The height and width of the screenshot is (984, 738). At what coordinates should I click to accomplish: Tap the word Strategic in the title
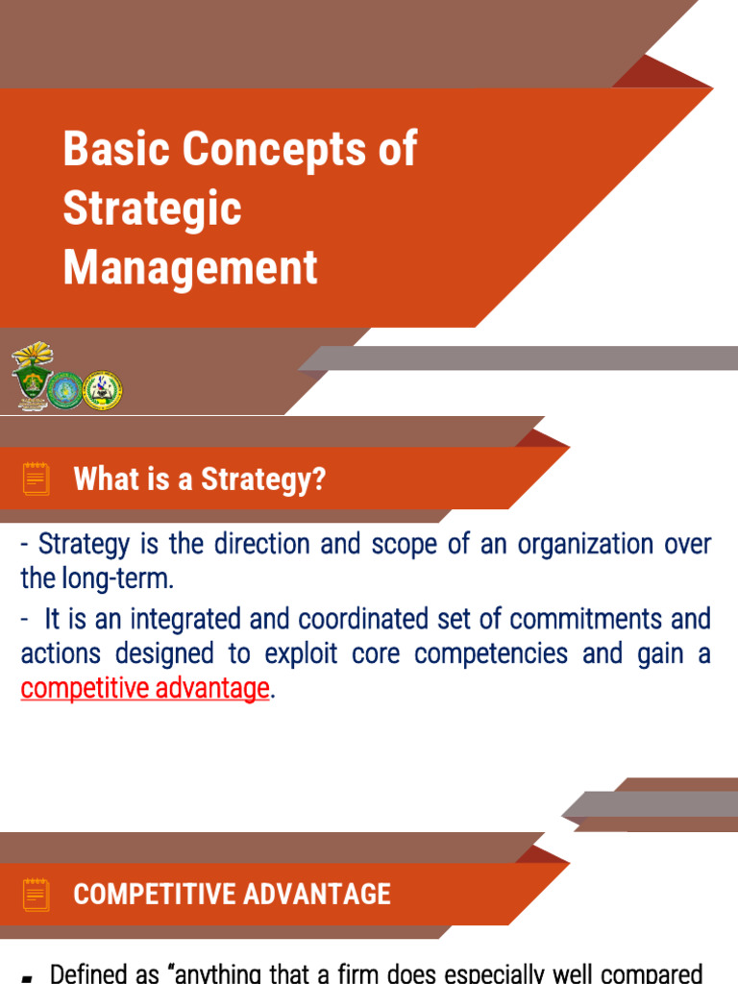(152, 209)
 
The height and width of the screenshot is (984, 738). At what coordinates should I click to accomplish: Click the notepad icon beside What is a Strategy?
(37, 479)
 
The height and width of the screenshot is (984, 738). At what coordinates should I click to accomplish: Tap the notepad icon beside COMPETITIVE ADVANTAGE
(37, 894)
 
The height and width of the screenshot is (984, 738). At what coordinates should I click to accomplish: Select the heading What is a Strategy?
(199, 480)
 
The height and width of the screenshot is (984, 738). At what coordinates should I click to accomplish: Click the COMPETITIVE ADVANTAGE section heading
(232, 895)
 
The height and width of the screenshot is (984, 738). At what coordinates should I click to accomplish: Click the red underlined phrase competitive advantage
(144, 689)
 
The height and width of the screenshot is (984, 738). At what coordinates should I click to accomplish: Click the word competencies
(494, 654)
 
